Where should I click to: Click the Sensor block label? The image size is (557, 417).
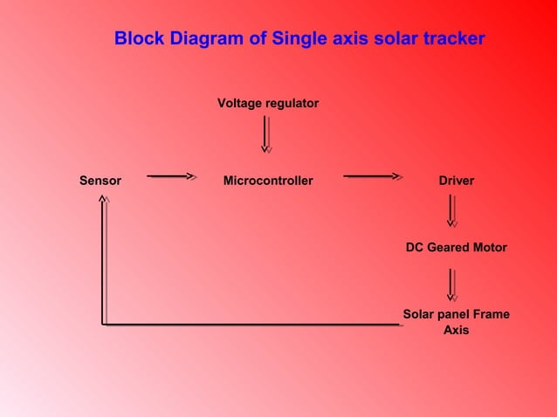point(100,181)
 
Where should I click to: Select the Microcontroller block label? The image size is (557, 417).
point(268,181)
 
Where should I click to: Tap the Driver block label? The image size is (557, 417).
point(457,181)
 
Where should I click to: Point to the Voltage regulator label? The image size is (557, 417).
point(268,103)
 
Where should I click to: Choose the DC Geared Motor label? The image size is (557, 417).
point(456,247)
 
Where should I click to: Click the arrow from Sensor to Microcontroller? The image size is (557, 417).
point(171,176)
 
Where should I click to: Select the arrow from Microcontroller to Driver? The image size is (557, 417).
point(373,176)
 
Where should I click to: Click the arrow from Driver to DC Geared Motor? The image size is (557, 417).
point(451,210)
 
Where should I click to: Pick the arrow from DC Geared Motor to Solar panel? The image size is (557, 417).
point(451,284)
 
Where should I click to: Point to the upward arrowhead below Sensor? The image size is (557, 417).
point(103,201)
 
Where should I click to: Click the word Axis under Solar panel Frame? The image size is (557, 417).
point(456,331)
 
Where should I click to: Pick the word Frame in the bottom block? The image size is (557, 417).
point(492,314)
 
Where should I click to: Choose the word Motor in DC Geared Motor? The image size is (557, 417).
point(489,247)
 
